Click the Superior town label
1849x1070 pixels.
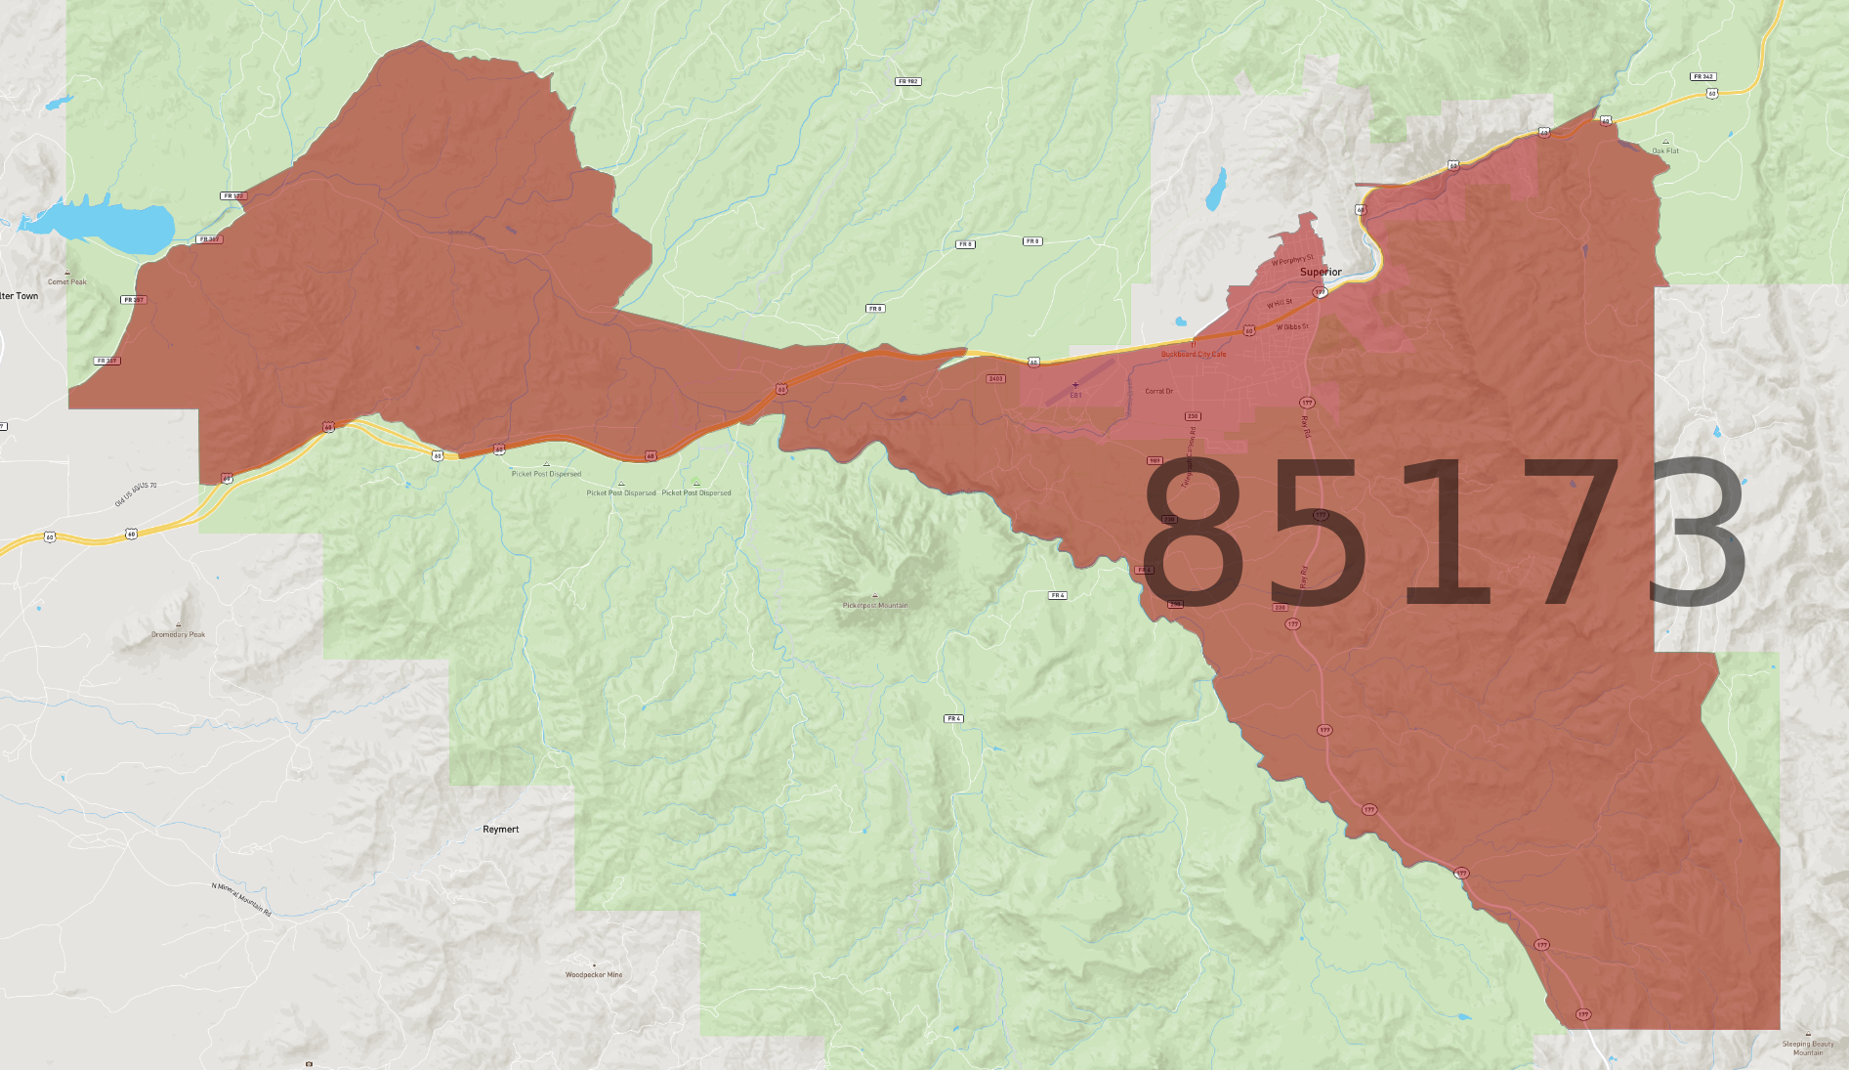pyautogui.click(x=1321, y=272)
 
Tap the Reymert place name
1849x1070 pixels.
pyautogui.click(x=500, y=829)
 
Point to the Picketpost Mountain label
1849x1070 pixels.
pyautogui.click(x=875, y=605)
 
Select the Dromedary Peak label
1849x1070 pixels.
pyautogui.click(x=178, y=634)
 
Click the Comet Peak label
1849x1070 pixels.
pyautogui.click(x=67, y=281)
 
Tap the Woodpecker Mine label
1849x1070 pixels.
pyautogui.click(x=593, y=974)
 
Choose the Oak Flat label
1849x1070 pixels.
pyautogui.click(x=1665, y=150)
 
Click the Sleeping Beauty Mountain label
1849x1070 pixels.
pyautogui.click(x=1808, y=1048)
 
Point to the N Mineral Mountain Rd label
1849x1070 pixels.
pyautogui.click(x=241, y=899)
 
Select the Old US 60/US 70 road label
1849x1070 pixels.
pyautogui.click(x=136, y=493)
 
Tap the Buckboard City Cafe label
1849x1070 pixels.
pyautogui.click(x=1193, y=354)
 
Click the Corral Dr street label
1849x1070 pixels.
pyautogui.click(x=1158, y=391)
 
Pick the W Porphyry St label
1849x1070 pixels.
pyautogui.click(x=1292, y=260)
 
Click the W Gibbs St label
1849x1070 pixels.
pyautogui.click(x=1292, y=326)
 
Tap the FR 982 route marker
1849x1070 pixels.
pyautogui.click(x=907, y=81)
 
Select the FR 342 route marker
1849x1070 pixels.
pyautogui.click(x=1703, y=76)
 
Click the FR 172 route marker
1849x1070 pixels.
pyautogui.click(x=233, y=195)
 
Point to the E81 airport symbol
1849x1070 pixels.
pyautogui.click(x=1075, y=386)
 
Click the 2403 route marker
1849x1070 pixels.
pyautogui.click(x=995, y=378)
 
